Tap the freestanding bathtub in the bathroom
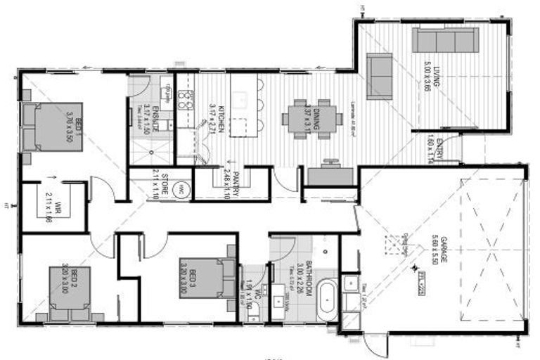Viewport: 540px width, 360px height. coord(327,301)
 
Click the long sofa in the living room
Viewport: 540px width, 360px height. coord(445,39)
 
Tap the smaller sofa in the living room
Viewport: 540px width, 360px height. coord(380,75)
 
